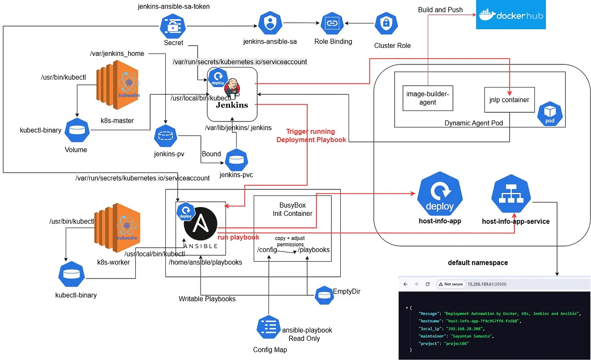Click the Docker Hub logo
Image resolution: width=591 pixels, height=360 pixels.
point(510,15)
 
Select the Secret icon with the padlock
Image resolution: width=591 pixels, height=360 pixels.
point(174,26)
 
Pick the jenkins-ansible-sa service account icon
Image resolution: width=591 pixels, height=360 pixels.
point(270,23)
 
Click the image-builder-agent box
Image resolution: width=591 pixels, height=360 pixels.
point(427,98)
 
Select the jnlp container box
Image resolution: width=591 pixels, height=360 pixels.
point(509,100)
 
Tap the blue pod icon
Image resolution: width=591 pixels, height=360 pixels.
point(550,114)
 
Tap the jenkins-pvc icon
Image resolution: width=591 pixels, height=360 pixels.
point(236,160)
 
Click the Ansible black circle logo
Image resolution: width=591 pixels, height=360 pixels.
point(200,226)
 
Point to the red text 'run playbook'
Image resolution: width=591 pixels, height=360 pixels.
point(238,237)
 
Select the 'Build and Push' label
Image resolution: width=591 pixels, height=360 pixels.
point(440,10)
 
